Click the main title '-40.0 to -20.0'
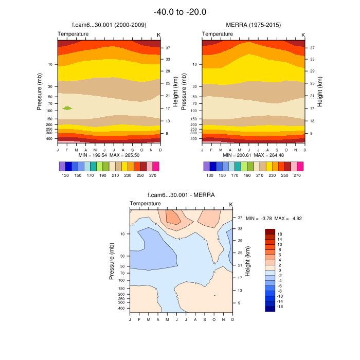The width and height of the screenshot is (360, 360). pos(180,12)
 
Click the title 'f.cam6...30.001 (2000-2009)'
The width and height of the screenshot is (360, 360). pos(109,25)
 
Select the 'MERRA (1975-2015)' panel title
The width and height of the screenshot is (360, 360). pos(253,25)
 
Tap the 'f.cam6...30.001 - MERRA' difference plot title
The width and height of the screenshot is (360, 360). pos(181,195)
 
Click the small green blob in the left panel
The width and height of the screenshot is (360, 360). pos(67,108)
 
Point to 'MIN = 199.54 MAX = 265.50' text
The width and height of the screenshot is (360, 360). pos(109,155)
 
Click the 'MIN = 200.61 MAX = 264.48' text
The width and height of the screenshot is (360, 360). pos(253,155)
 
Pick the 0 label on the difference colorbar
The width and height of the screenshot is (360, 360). pos(280,270)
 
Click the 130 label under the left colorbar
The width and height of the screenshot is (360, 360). pos(65,175)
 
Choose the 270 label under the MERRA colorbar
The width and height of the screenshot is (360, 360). pos(297,175)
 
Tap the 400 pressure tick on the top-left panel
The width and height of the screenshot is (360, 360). pos(50,138)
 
